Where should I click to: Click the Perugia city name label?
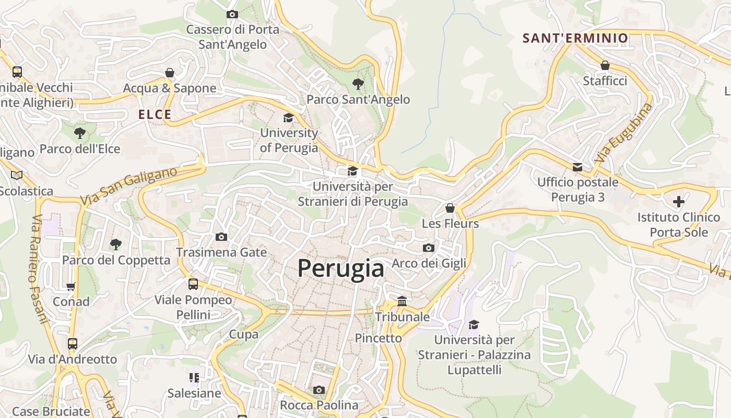tap(341, 269)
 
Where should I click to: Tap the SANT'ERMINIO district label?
tap(575, 38)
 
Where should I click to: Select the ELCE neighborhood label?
tap(155, 115)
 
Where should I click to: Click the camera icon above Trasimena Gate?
tap(221, 237)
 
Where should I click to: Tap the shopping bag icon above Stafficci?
tap(605, 66)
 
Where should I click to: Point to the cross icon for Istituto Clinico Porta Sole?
tap(678, 202)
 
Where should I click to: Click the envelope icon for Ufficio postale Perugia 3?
tap(577, 167)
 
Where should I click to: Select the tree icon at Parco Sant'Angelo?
tap(358, 84)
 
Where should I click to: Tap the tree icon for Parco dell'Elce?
tap(80, 133)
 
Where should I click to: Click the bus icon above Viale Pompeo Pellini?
tap(193, 284)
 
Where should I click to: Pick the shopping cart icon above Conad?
tap(71, 286)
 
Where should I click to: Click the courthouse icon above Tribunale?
tap(402, 301)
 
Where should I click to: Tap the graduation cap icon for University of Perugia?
tap(288, 118)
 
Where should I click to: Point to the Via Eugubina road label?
tap(623, 133)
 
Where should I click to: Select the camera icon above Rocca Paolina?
tap(319, 390)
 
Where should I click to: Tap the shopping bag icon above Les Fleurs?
tap(450, 208)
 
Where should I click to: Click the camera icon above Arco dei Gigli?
tap(429, 248)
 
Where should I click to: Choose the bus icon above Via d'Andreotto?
tap(73, 344)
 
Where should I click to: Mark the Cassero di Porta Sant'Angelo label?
tap(233, 37)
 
